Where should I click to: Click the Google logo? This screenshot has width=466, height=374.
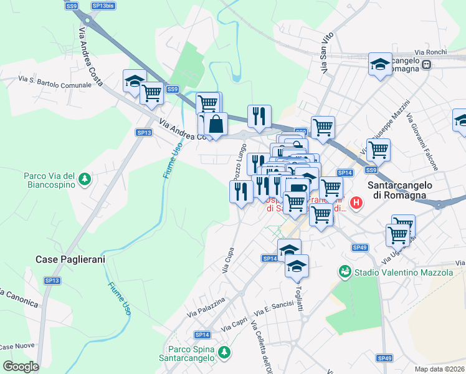click(21, 367)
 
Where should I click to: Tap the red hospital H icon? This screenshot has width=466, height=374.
click(356, 203)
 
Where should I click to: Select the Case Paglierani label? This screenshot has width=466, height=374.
click(70, 259)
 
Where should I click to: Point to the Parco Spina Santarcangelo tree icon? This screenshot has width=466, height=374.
click(224, 353)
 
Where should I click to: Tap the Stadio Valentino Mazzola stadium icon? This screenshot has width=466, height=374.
click(345, 272)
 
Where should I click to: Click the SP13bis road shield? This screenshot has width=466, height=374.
click(103, 5)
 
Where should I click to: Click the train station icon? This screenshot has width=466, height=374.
click(427, 64)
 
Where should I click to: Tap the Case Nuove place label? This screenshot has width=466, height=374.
click(16, 347)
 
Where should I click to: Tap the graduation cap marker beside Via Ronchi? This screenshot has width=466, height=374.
click(380, 64)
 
